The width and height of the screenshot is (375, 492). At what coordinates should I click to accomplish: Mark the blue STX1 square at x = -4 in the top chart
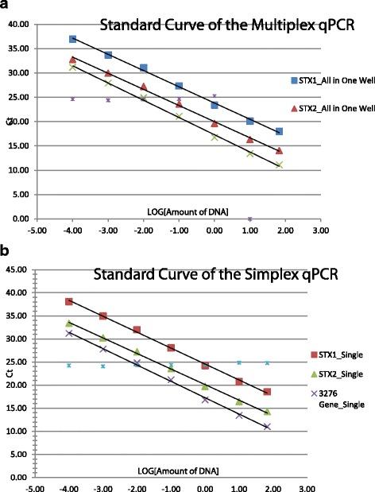pos(72,39)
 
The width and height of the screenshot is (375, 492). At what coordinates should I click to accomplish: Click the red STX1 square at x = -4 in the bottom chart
pos(69,302)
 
